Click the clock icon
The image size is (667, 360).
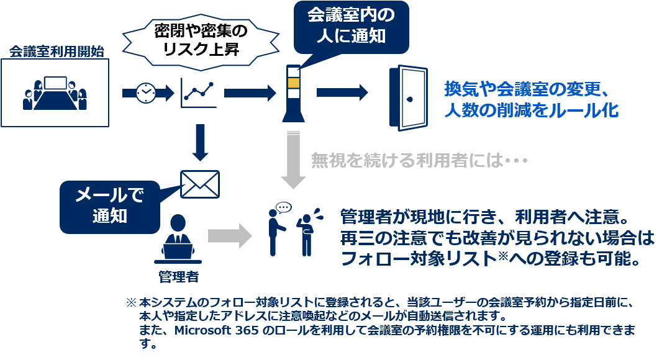click(x=145, y=92)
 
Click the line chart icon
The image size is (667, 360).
click(x=199, y=93)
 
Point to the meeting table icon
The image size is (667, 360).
click(x=55, y=93)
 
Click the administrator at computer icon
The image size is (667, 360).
click(x=177, y=239)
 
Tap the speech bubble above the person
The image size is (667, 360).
click(x=283, y=206)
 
